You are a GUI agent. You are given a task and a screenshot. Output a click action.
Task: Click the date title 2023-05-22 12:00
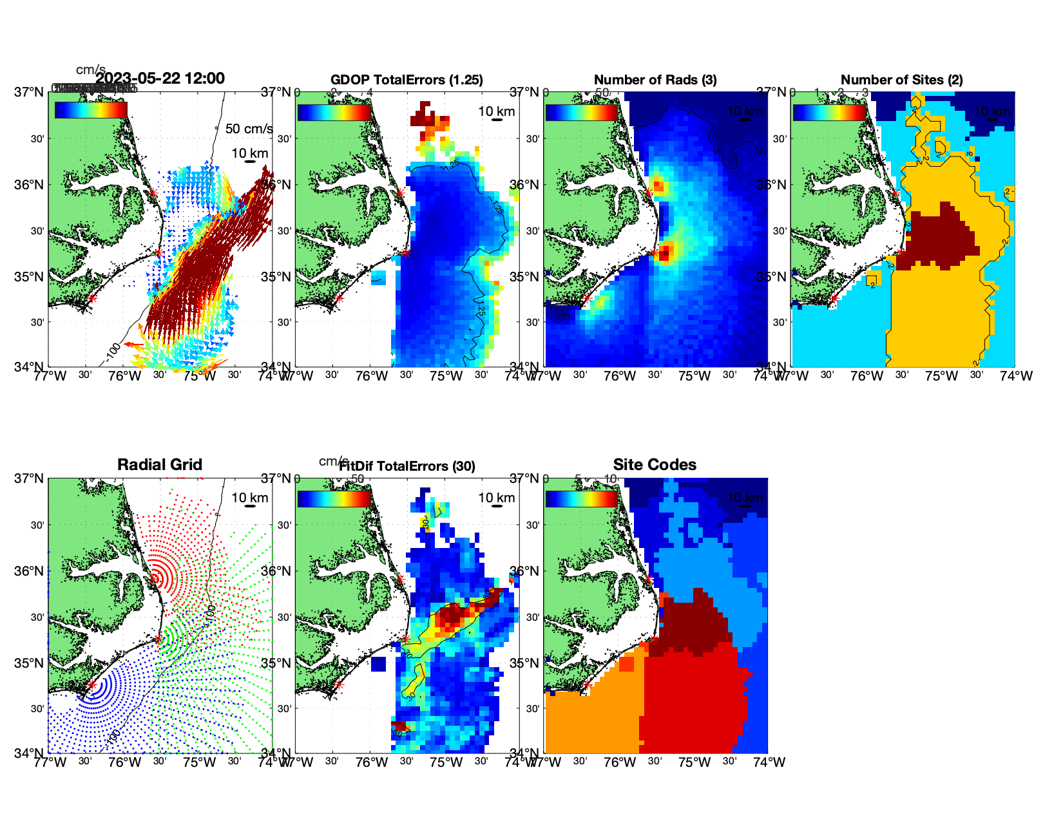160,79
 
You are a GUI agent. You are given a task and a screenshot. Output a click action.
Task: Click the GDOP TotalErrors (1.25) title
407,80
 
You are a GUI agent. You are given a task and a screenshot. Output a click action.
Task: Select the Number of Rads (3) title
655,80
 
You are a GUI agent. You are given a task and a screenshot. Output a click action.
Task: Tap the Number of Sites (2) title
901,80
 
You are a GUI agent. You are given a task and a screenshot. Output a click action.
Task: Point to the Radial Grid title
160,465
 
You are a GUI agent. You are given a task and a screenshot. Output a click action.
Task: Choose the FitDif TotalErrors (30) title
408,466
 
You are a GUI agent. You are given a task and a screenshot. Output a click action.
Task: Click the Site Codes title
655,465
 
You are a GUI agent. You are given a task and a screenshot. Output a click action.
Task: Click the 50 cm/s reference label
249,129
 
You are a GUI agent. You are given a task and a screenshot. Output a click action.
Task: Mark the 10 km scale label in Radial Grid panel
249,498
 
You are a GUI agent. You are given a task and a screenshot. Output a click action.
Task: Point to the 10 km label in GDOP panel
496,111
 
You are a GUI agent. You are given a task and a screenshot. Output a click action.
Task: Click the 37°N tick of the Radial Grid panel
30,478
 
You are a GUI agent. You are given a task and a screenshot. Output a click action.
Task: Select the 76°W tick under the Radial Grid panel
124,762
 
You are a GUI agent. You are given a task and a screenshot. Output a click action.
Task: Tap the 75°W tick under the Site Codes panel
694,762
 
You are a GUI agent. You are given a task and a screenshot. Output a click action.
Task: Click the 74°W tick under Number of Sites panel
1016,376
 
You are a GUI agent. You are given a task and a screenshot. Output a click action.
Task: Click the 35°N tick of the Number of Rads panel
524,277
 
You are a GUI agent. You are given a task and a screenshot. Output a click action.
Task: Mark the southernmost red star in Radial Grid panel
91,684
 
